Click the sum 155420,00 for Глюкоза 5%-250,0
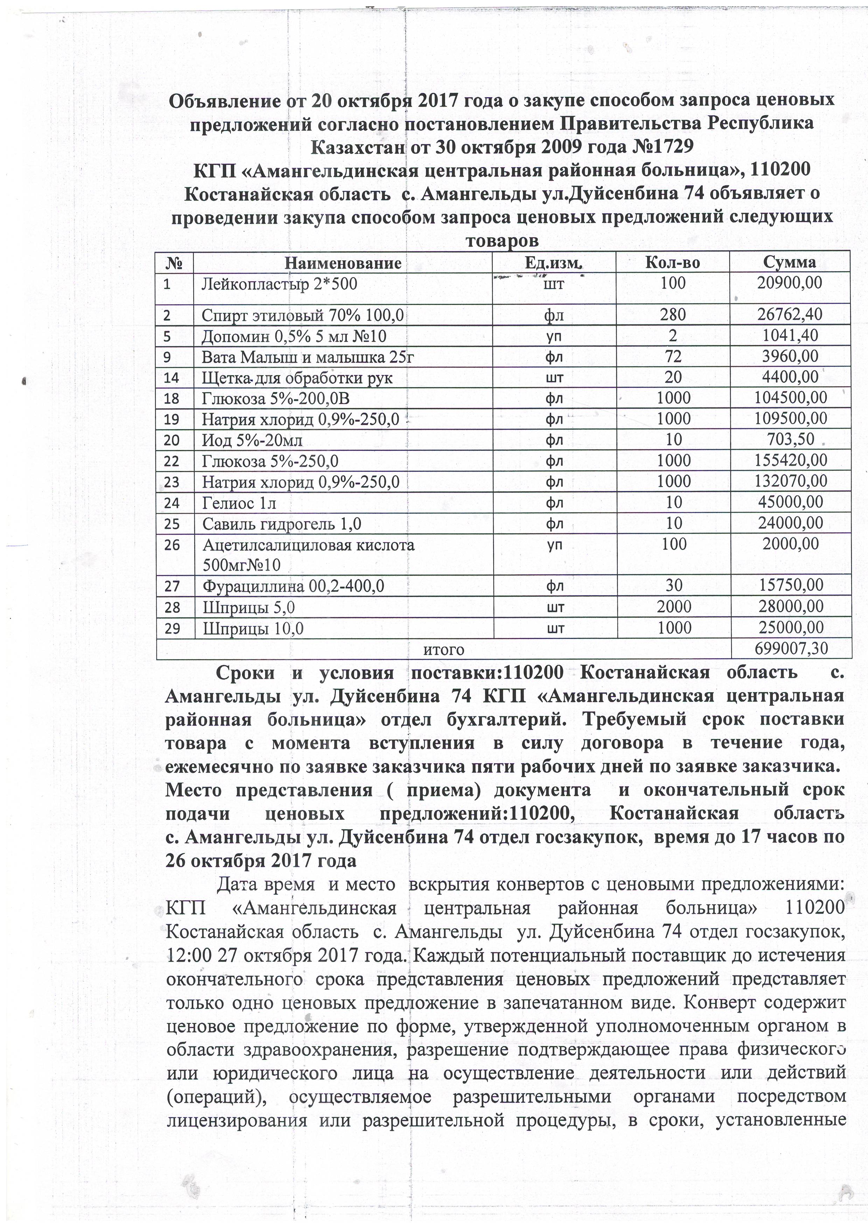(790, 461)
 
